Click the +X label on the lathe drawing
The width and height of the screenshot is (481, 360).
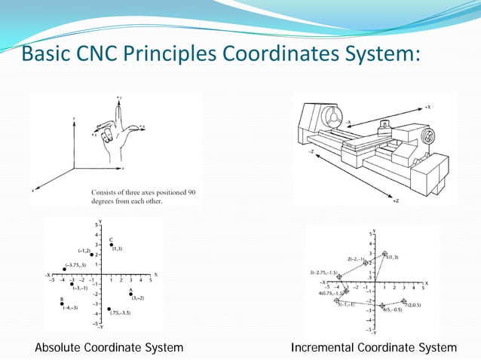click(x=427, y=108)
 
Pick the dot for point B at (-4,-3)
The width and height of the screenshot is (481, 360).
click(x=63, y=304)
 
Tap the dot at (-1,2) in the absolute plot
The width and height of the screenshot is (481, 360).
click(x=91, y=255)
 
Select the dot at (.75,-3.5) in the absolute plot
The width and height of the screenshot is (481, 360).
click(x=109, y=308)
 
